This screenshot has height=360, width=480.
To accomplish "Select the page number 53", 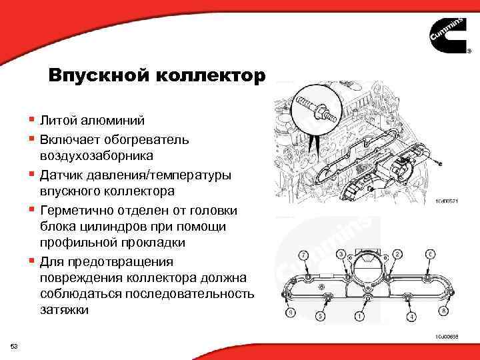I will pyautogui.click(x=15, y=345).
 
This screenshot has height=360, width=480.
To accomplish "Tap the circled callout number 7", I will pyautogui.click(x=305, y=255).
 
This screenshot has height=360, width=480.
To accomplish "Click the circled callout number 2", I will pyautogui.click(x=397, y=254).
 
